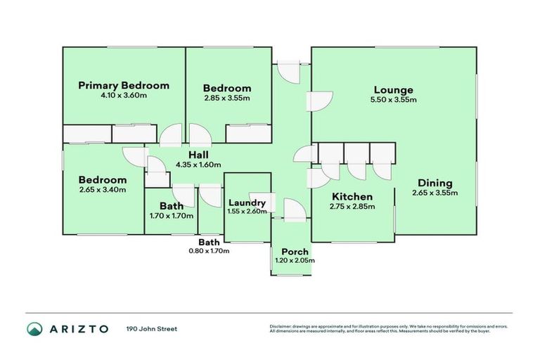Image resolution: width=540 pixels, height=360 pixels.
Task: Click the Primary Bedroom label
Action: (124, 86)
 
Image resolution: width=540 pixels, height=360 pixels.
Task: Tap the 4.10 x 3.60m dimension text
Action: (124, 95)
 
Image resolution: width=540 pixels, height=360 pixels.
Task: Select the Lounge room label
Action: (394, 90)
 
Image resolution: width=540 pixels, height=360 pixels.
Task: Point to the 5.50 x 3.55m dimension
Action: (394, 100)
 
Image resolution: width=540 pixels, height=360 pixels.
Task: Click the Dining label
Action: (435, 183)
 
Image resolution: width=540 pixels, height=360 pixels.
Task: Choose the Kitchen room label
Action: (352, 197)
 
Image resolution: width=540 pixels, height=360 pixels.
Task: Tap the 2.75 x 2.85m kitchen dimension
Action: (352, 206)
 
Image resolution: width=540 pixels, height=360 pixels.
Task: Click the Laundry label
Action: (247, 203)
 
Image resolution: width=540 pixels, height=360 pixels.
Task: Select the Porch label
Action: (295, 252)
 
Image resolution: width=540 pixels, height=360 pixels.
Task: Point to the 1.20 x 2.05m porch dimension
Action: (295, 260)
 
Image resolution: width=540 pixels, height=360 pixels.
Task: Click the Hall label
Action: (198, 155)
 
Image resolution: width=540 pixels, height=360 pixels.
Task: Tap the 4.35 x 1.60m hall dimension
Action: (198, 165)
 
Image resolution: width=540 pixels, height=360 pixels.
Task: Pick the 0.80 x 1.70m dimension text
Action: (209, 251)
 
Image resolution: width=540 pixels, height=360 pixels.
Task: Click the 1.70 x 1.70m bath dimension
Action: (172, 216)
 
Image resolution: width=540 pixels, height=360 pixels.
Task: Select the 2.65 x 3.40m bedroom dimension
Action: (103, 189)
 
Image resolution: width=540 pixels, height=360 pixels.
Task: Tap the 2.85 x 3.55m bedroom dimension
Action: (227, 98)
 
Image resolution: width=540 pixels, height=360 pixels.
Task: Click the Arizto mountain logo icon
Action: (34, 329)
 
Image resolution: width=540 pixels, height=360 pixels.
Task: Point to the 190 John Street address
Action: (152, 329)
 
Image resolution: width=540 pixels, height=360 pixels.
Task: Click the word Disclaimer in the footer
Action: (281, 326)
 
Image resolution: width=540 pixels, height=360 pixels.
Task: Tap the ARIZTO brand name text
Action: (79, 329)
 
